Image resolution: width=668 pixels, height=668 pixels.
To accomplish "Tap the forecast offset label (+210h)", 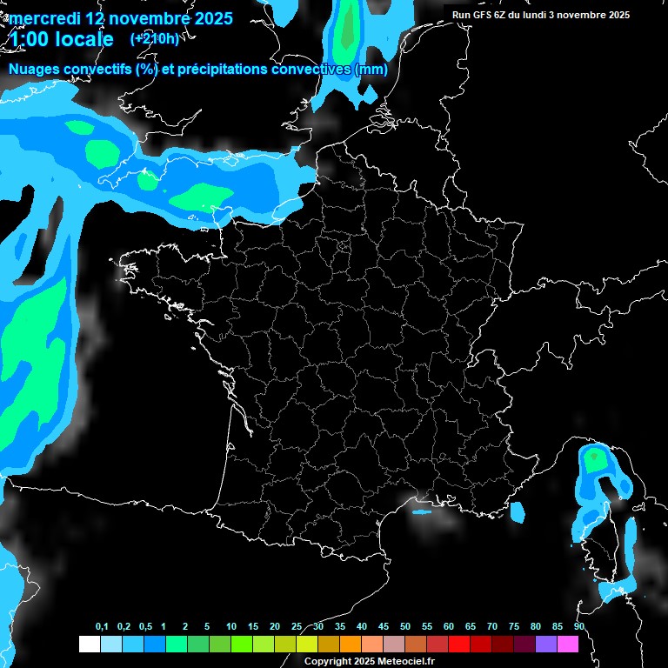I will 154,38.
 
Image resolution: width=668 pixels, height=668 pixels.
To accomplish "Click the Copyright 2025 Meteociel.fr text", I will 368,661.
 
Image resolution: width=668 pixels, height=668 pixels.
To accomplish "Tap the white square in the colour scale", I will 89,645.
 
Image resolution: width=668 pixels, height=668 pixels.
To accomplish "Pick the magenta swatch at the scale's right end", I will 568,645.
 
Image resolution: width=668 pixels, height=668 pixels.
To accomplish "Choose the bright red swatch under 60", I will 458,645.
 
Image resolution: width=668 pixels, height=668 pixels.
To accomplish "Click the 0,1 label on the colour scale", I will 102,627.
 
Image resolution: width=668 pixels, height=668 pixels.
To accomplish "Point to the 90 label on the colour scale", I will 578,627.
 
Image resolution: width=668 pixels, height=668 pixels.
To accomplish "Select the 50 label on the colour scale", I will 405,627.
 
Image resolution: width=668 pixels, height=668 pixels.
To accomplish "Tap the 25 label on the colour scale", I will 297,627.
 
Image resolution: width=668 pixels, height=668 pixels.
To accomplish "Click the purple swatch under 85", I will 546,645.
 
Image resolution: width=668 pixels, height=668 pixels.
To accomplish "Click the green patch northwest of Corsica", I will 594,458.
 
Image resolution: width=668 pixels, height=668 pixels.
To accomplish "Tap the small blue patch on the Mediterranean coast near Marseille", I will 422,511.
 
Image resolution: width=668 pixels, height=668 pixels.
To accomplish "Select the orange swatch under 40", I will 350,645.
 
